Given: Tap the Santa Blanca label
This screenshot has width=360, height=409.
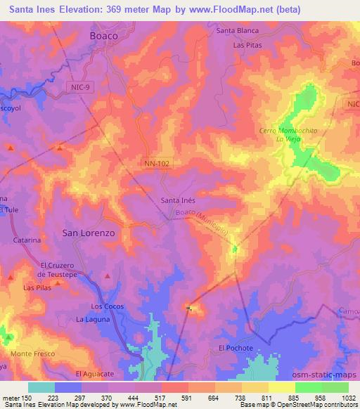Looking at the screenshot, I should point(238,31).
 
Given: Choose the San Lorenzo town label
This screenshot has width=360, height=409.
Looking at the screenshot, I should point(89,231).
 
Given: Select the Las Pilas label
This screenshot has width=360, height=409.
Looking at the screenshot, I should point(37,288).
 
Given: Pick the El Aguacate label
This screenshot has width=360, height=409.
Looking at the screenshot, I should point(94,373).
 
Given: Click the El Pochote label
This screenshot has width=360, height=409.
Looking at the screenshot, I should point(233,348).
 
